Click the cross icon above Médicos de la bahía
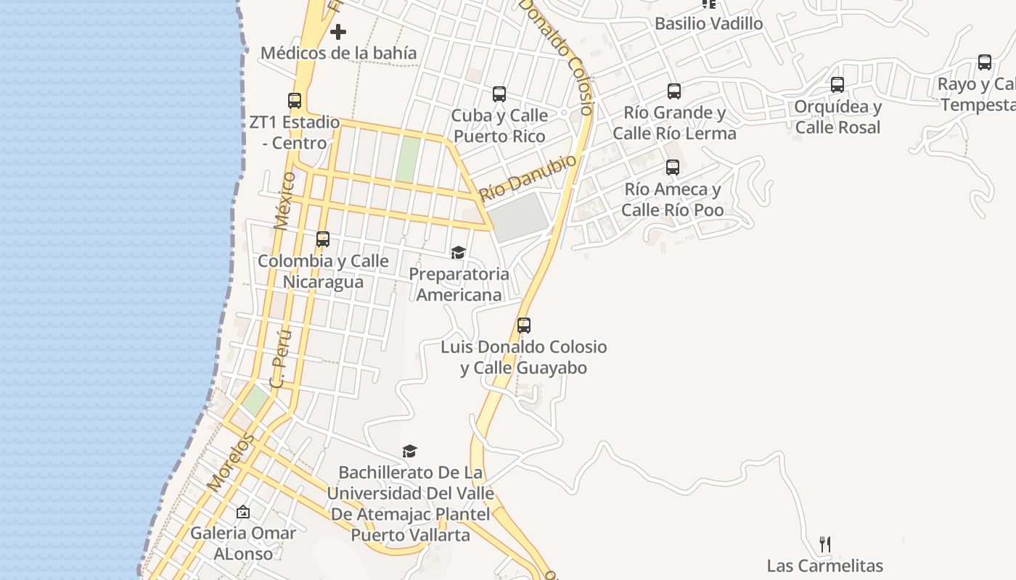[x=338, y=32]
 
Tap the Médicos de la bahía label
[x=338, y=53]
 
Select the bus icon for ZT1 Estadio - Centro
[x=295, y=101]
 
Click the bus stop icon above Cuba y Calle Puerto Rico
[x=499, y=94]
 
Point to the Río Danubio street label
[x=528, y=178]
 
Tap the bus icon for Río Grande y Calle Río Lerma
[x=674, y=91]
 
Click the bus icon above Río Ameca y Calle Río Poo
[x=673, y=167]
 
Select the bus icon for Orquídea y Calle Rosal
[x=837, y=85]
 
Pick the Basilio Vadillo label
[x=708, y=23]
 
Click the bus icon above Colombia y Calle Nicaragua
[x=323, y=239]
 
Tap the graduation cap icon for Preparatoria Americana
[x=458, y=252]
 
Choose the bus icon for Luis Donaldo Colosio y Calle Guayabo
[x=524, y=326]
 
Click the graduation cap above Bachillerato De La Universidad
[x=410, y=451]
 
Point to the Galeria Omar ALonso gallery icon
[x=243, y=512]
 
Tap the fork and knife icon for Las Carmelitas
[x=825, y=544]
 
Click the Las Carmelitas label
[x=825, y=565]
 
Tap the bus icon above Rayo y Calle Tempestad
[x=985, y=62]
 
